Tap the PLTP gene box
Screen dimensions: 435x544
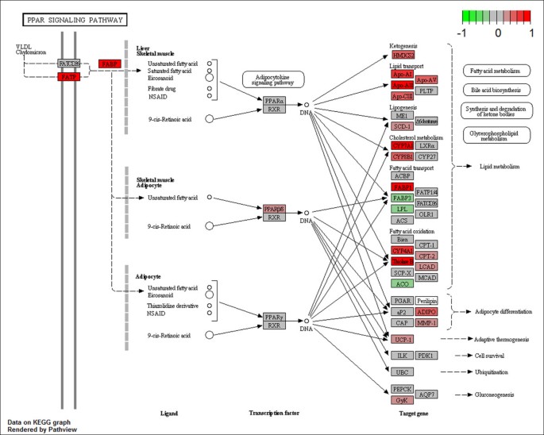(x=426, y=91)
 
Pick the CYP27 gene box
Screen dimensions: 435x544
(x=426, y=157)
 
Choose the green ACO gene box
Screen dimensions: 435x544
(x=401, y=283)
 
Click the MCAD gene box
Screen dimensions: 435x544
(x=426, y=278)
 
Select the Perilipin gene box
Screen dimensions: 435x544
(x=426, y=301)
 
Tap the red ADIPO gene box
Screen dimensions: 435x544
(x=426, y=312)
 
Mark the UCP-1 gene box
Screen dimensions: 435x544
(x=401, y=339)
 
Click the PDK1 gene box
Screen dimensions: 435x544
(x=426, y=355)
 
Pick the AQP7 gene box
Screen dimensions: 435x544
(x=426, y=395)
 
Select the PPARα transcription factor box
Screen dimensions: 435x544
(x=274, y=101)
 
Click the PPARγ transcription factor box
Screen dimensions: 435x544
(x=274, y=317)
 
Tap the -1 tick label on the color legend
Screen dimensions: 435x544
(x=466, y=34)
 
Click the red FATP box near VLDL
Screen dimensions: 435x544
(x=69, y=77)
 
